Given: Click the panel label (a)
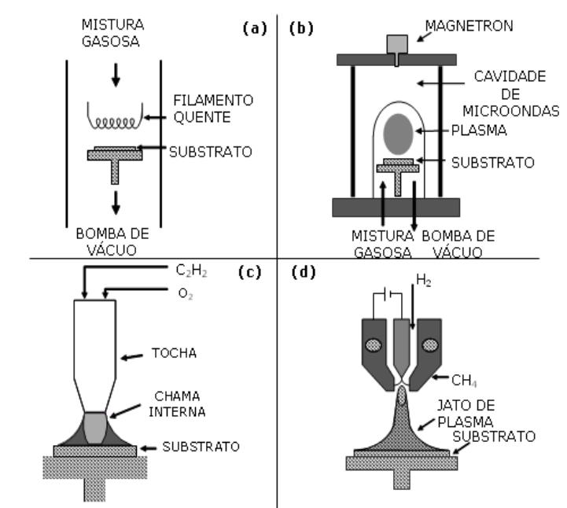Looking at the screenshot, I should click(x=256, y=29).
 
